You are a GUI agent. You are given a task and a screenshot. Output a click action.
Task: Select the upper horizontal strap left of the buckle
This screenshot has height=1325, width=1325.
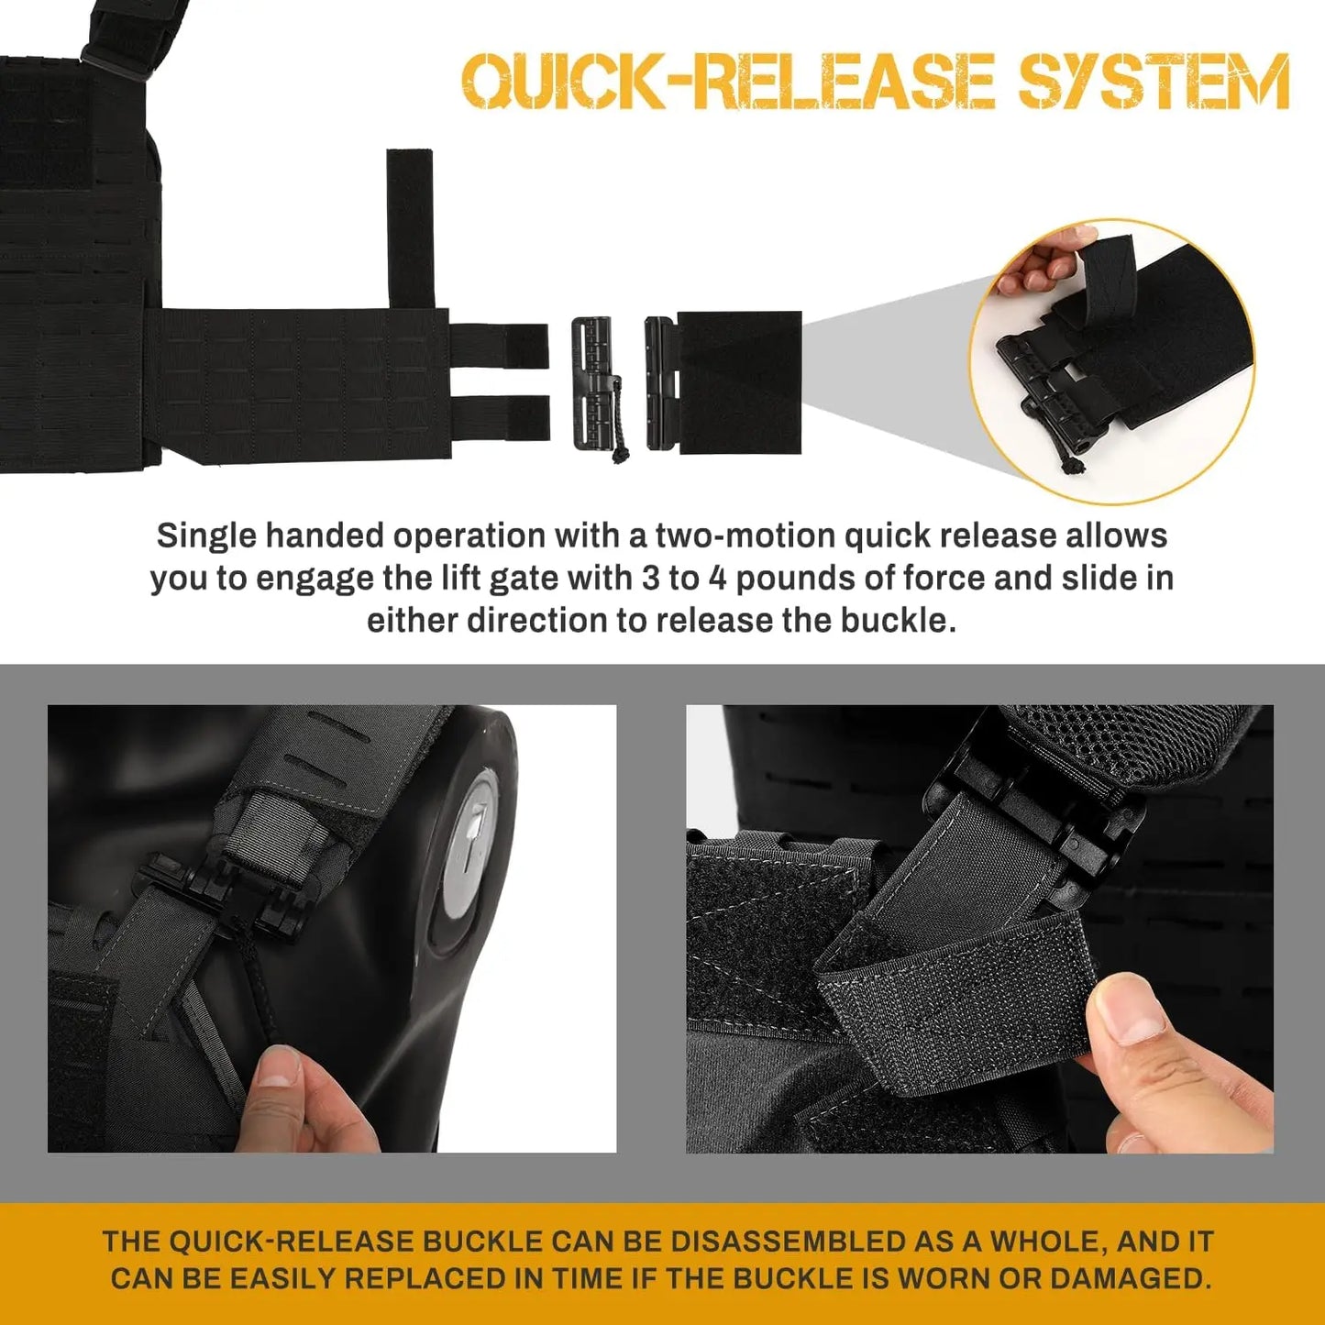500,346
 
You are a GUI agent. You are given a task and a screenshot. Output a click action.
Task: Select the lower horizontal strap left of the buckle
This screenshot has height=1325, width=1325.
500,417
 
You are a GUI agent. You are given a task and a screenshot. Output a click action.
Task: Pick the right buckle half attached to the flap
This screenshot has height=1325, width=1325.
660,383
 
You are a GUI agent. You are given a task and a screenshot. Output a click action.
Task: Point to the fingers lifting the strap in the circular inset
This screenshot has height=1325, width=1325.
1045,261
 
